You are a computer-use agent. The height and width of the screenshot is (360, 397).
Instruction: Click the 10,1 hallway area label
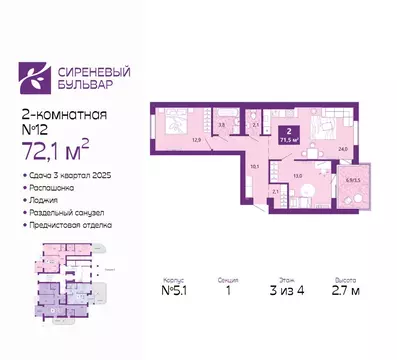[x=255, y=166]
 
